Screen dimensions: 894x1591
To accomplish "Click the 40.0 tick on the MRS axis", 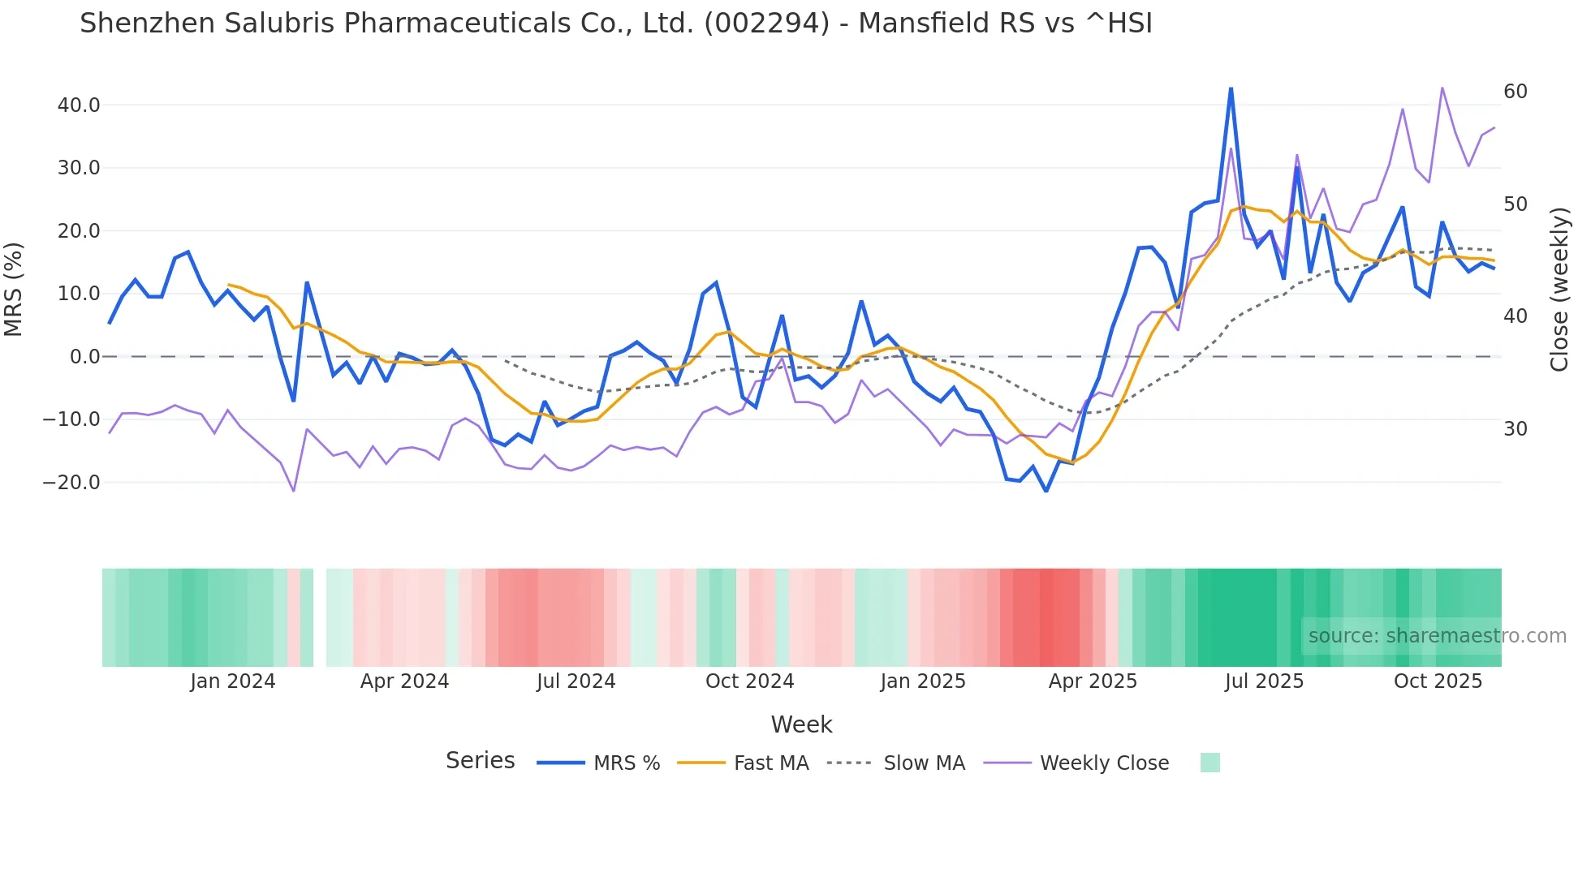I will tap(78, 105).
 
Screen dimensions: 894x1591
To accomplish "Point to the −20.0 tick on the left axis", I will tap(72, 483).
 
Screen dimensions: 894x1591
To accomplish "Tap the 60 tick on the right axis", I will tap(1515, 92).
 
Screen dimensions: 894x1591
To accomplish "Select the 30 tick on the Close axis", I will tap(1515, 429).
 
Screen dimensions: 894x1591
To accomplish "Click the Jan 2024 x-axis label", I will tap(233, 681).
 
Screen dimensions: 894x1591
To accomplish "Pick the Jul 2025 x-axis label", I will tap(1264, 681).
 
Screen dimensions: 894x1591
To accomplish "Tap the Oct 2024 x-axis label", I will tap(749, 681).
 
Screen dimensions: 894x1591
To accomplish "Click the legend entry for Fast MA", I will tap(770, 763).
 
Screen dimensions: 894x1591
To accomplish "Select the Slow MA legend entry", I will tap(924, 763).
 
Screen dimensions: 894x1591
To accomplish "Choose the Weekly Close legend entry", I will tap(1104, 763).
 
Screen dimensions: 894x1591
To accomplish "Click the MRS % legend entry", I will tap(626, 763).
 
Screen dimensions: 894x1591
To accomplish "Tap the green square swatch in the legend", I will tap(1209, 763).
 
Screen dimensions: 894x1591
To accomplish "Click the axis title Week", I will tap(801, 724).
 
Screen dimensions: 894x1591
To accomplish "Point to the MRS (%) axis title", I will tap(14, 289).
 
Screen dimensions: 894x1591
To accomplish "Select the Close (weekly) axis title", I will tap(1559, 289).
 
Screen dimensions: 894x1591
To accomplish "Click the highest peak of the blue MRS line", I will tap(1231, 88).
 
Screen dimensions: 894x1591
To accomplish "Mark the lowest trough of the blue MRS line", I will tap(1046, 491).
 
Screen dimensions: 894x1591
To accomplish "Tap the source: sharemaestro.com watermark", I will tap(1437, 636).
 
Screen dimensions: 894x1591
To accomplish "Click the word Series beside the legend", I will tap(480, 761).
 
